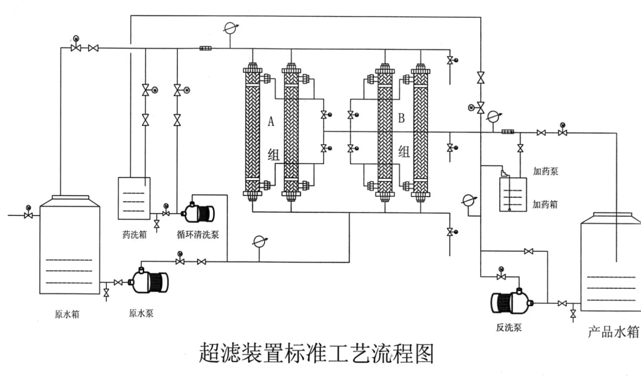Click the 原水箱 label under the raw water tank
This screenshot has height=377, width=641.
pyautogui.click(x=67, y=314)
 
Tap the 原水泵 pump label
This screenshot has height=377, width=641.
pyautogui.click(x=141, y=313)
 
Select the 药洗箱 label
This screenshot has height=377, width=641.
pyautogui.click(x=135, y=235)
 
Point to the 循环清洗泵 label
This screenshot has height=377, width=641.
pyautogui.click(x=198, y=235)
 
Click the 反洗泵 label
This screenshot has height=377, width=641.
pyautogui.click(x=509, y=328)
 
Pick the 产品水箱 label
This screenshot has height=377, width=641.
pyautogui.click(x=613, y=332)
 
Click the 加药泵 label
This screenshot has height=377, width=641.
pyautogui.click(x=545, y=171)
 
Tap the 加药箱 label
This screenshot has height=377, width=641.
pyautogui.click(x=545, y=204)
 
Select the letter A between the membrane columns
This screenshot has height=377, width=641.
pyautogui.click(x=271, y=121)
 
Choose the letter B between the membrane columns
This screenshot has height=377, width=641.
pyautogui.click(x=401, y=118)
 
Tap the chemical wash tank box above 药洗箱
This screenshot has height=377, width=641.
pyautogui.click(x=134, y=198)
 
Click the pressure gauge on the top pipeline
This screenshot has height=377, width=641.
pyautogui.click(x=229, y=28)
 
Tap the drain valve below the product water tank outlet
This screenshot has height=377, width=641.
pyautogui.click(x=573, y=314)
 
